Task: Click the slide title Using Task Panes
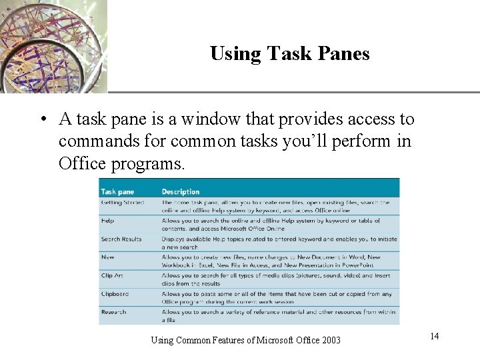click(289, 53)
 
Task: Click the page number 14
click(434, 336)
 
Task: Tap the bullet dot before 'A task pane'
click(42, 121)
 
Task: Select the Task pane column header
click(117, 192)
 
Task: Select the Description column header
click(181, 192)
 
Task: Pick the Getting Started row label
click(121, 202)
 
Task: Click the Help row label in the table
click(107, 220)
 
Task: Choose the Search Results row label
click(121, 239)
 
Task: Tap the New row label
click(107, 257)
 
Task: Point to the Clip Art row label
click(113, 275)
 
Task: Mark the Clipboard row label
click(115, 293)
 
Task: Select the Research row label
click(114, 311)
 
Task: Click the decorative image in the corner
click(53, 45)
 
